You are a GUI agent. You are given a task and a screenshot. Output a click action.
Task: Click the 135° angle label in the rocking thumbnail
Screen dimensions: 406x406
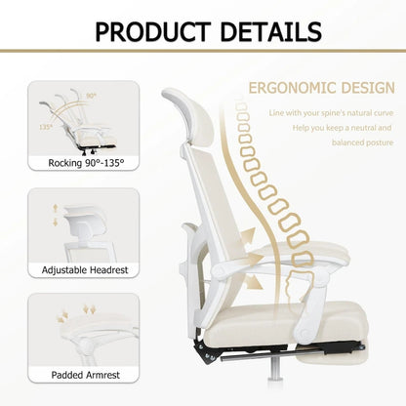(x=44, y=126)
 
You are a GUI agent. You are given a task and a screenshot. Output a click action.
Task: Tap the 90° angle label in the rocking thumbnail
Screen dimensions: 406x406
(x=91, y=96)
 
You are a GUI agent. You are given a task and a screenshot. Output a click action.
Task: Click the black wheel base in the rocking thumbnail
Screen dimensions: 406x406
(x=89, y=147)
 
